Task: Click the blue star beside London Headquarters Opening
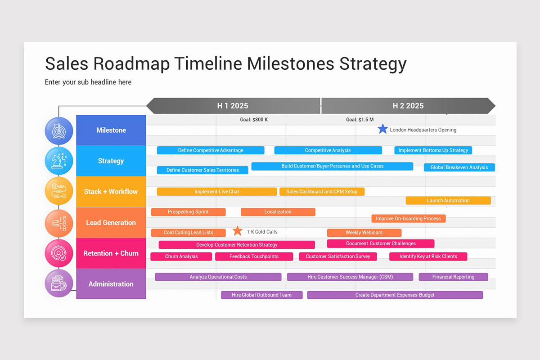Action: (382, 129)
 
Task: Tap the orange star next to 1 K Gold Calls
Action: (238, 231)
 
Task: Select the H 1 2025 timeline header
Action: (233, 106)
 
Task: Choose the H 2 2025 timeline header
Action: (408, 106)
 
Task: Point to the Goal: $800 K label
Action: (254, 120)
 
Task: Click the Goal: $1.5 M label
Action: (360, 120)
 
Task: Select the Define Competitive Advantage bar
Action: (210, 150)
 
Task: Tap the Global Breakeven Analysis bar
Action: (459, 167)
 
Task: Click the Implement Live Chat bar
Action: (216, 192)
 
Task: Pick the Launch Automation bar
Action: (448, 201)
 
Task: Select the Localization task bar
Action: (278, 212)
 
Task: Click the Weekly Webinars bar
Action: (364, 233)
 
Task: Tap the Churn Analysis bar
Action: (181, 256)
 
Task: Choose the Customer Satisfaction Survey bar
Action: (337, 256)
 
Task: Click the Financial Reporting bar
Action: (453, 277)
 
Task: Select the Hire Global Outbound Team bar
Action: (261, 295)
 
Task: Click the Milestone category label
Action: (111, 130)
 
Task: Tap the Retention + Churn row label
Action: (111, 253)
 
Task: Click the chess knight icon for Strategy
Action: (59, 161)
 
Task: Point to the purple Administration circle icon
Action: (59, 283)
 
